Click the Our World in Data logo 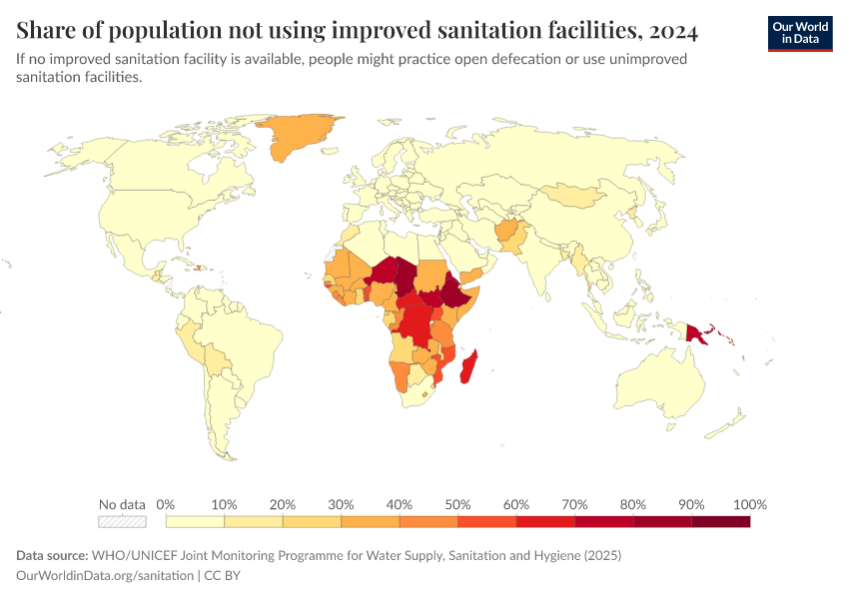(799, 32)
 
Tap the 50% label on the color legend (457, 504)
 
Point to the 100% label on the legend (749, 504)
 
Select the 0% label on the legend (166, 504)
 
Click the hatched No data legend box (122, 521)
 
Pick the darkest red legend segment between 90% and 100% (720, 521)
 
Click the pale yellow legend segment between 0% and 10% (195, 521)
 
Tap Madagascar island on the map (467, 367)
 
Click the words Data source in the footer (52, 555)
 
